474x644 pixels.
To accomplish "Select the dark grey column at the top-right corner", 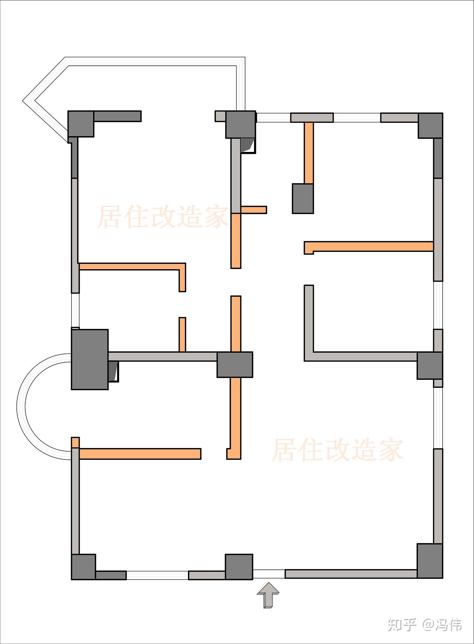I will tap(430, 125).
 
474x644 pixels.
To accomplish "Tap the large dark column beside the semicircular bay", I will tap(90, 359).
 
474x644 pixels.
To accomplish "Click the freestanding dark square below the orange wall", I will tap(303, 198).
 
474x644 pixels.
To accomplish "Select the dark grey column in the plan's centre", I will tap(234, 364).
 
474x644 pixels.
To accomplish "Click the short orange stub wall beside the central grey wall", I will tap(253, 210).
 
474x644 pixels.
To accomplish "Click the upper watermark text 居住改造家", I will tap(163, 217).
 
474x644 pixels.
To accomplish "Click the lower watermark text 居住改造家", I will tap(337, 449).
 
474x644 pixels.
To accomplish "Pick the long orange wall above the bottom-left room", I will tap(140, 454).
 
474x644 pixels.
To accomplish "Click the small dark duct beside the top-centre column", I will tap(247, 145).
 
